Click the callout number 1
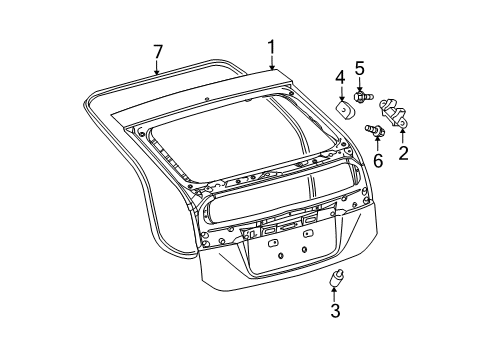[x=270, y=45]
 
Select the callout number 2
[x=403, y=153]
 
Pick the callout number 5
[x=360, y=68]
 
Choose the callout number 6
[x=379, y=161]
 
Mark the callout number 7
[x=157, y=50]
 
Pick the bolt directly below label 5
[x=362, y=97]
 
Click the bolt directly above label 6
[x=377, y=129]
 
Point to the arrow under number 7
[x=157, y=68]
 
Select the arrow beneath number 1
[x=270, y=62]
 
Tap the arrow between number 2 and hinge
[x=403, y=133]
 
